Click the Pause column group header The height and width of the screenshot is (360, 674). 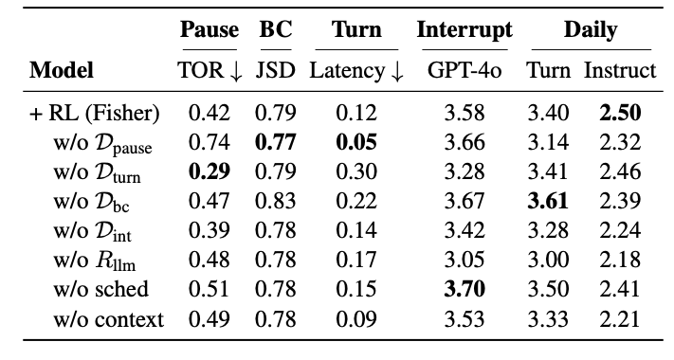pyautogui.click(x=209, y=29)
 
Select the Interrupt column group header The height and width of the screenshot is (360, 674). pyautogui.click(x=465, y=30)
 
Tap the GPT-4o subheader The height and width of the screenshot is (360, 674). pyautogui.click(x=465, y=70)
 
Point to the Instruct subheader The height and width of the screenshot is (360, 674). pyautogui.click(x=620, y=70)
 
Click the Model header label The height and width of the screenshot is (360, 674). pyautogui.click(x=62, y=70)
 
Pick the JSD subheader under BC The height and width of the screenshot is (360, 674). pyautogui.click(x=276, y=70)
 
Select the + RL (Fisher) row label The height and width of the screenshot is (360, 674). pyautogui.click(x=94, y=113)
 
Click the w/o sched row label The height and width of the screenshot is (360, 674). pyautogui.click(x=101, y=289)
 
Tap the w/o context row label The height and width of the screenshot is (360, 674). pyautogui.click(x=108, y=319)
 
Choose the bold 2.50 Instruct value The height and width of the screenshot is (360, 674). pyautogui.click(x=620, y=113)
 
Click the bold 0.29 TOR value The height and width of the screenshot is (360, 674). pyautogui.click(x=209, y=171)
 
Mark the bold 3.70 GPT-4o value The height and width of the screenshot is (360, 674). pyautogui.click(x=465, y=289)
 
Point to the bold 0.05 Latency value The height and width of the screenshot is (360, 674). pyautogui.click(x=356, y=142)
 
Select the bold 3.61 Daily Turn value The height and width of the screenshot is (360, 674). pyautogui.click(x=548, y=201)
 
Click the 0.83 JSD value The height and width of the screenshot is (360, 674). pyautogui.click(x=276, y=201)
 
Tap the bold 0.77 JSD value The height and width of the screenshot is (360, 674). pyautogui.click(x=276, y=142)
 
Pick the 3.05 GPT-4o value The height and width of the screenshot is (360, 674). pyautogui.click(x=465, y=260)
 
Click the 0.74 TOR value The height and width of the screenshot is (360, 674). pyautogui.click(x=209, y=142)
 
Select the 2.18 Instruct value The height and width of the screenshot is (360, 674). pyautogui.click(x=620, y=260)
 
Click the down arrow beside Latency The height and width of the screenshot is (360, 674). pyautogui.click(x=397, y=72)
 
